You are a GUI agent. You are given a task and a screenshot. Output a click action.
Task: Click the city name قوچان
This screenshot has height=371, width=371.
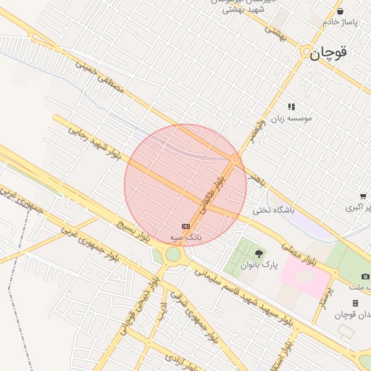pos(330,52)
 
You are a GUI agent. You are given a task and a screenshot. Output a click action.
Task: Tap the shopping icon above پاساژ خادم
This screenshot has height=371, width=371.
pos(341,11)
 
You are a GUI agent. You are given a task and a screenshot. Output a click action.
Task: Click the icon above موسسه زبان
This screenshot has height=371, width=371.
pos(291,107)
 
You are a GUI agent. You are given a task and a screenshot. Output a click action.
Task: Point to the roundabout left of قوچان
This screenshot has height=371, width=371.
pos(305,53)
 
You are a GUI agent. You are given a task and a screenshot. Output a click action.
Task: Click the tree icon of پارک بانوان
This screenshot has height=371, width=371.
pos(259,254)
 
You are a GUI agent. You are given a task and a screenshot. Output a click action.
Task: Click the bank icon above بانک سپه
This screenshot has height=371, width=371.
pos(185,226)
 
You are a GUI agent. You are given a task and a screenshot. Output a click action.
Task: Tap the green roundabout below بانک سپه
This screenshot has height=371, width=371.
pos(172,254)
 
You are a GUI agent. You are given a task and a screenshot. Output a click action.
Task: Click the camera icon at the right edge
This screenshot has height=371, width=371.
pos(365,276)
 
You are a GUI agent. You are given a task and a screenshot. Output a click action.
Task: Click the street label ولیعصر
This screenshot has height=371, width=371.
pos(258,129)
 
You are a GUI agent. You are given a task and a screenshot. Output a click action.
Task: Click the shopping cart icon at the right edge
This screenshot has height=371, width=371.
pos(362,196)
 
